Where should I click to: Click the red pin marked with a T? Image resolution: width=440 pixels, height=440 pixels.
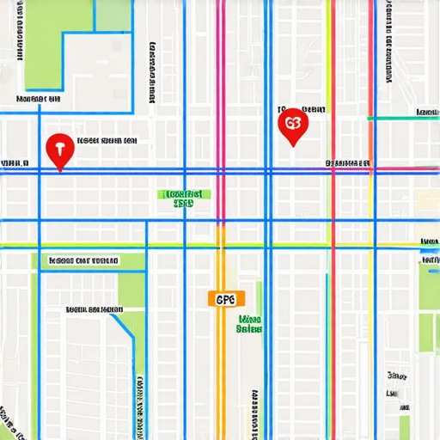59,150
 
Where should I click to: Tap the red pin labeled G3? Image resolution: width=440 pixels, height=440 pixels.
293,125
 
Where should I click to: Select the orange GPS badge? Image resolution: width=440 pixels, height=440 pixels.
226,299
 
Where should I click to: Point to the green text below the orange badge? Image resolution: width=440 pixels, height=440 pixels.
249,323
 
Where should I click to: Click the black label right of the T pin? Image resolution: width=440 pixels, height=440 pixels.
107,140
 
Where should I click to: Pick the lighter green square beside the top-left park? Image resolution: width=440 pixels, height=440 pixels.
113,15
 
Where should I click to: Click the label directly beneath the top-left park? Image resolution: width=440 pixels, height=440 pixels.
38,100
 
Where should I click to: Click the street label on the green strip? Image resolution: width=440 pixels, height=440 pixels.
84,260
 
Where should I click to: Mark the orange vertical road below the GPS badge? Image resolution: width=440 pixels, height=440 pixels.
221,370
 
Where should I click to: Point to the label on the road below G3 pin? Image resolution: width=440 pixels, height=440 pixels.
348,162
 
